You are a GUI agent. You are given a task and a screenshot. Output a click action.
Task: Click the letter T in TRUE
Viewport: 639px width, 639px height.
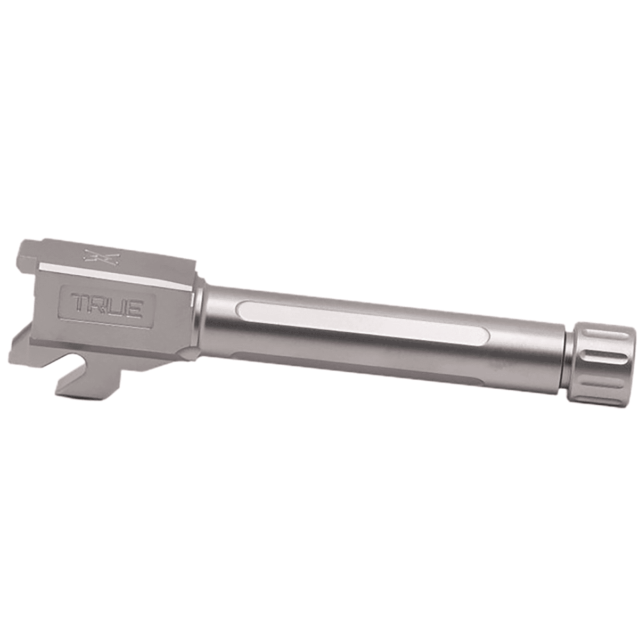tap(80, 304)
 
